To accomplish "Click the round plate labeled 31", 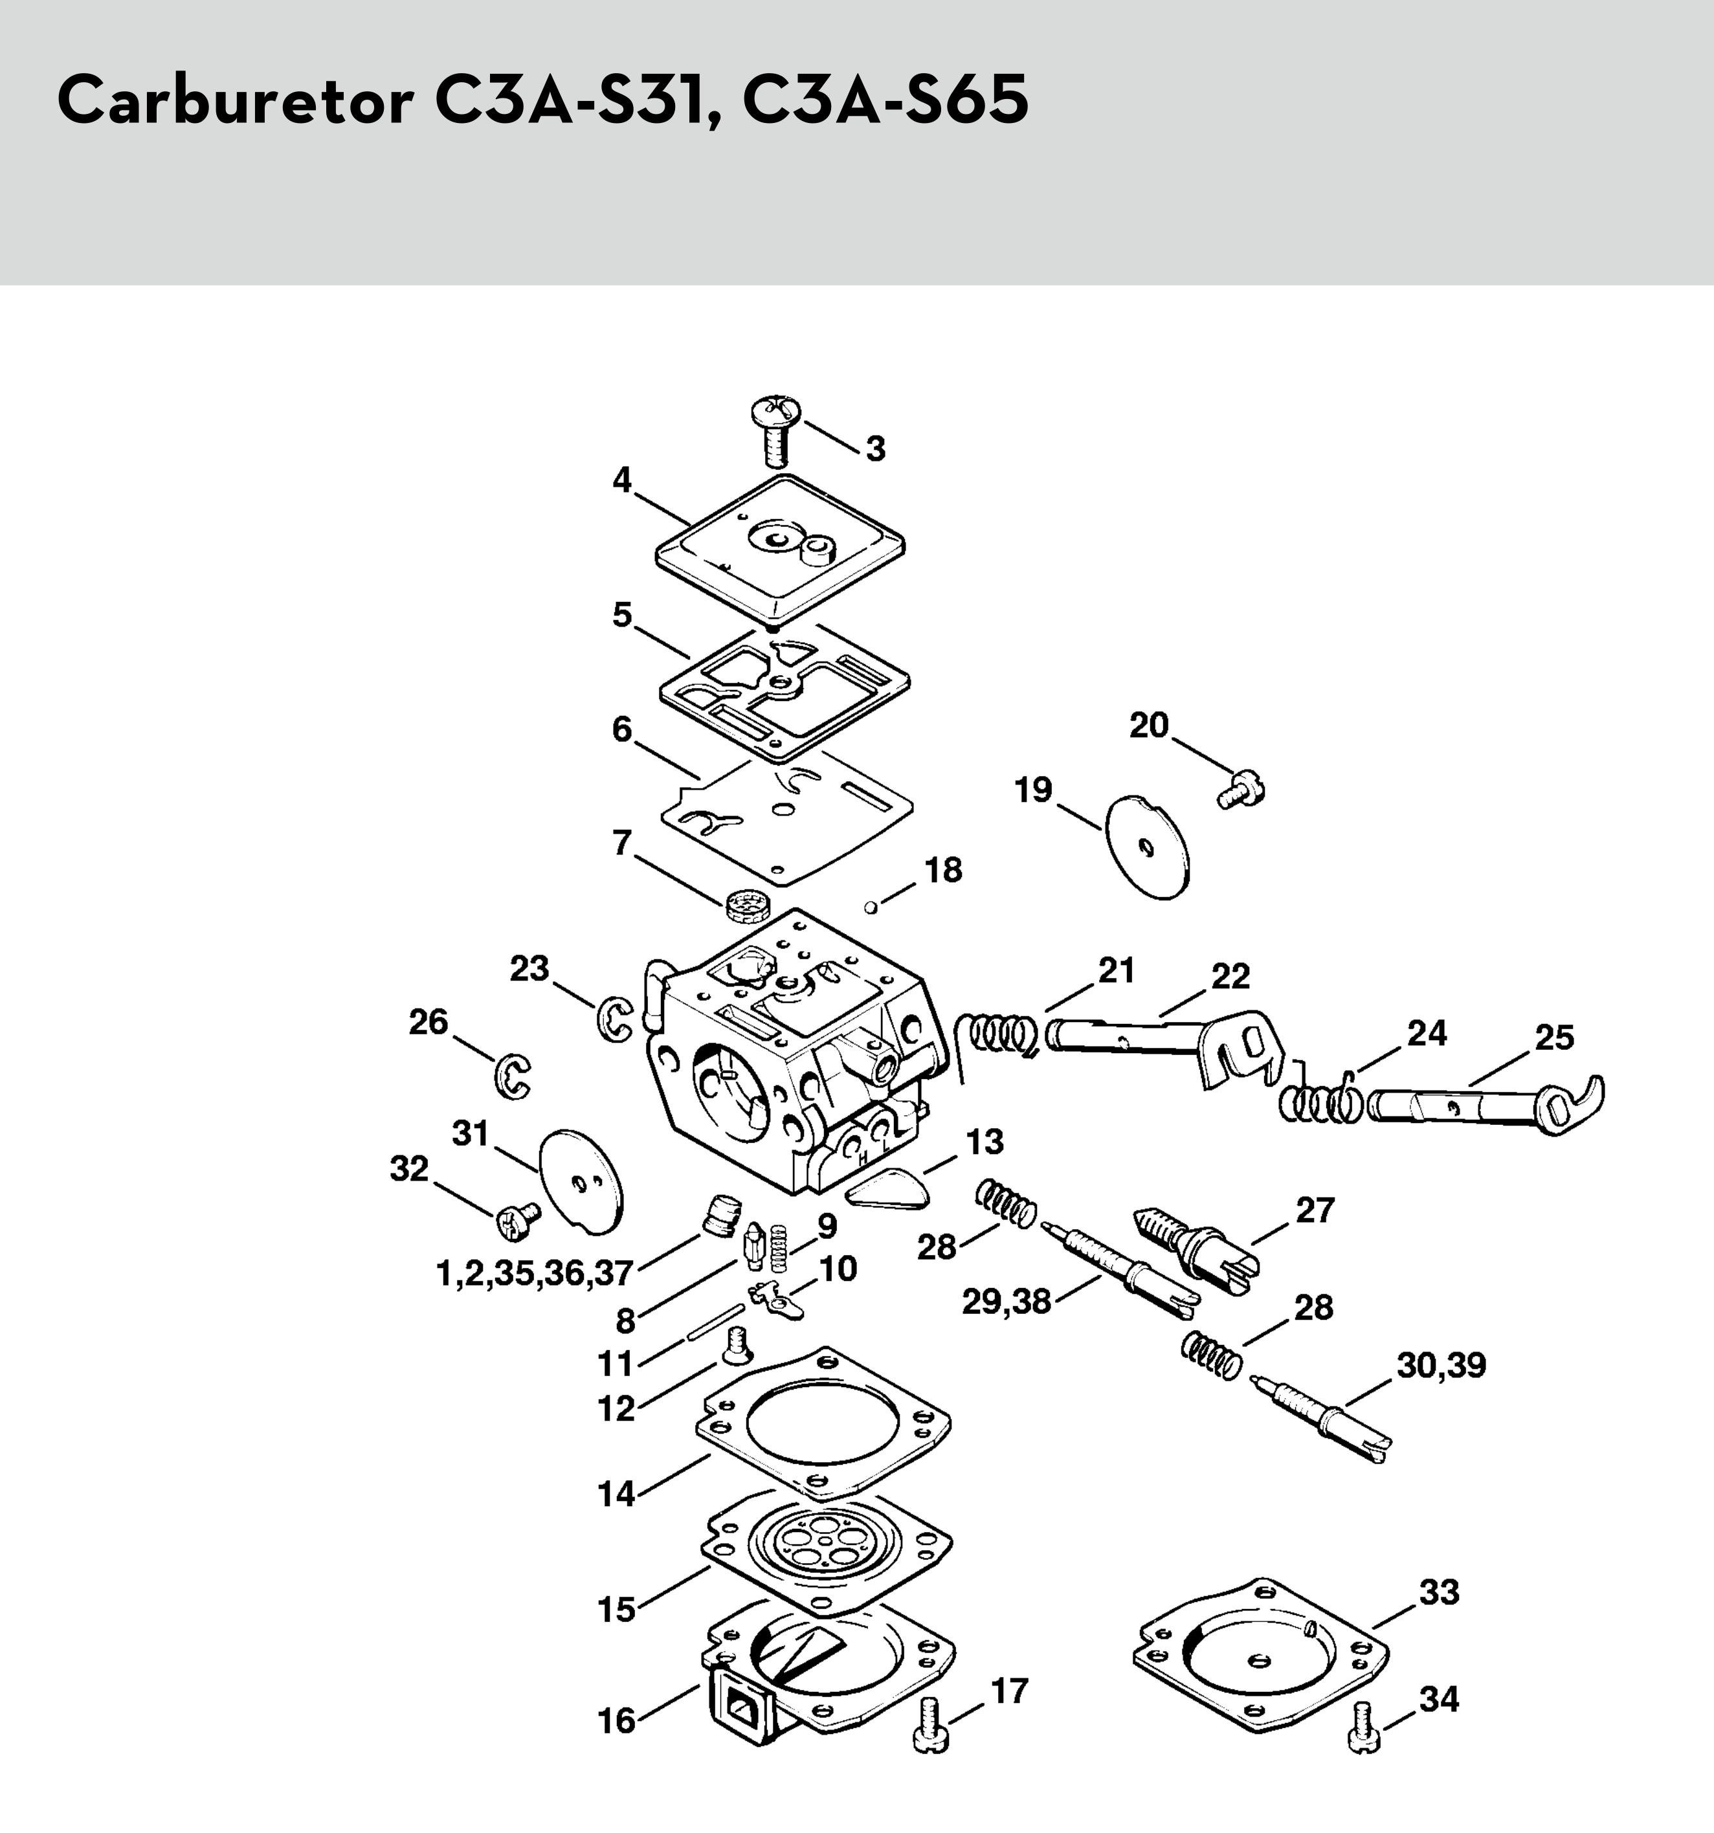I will click(x=581, y=1179).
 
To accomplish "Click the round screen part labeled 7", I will click(x=747, y=904).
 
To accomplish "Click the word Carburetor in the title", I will click(x=234, y=102).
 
